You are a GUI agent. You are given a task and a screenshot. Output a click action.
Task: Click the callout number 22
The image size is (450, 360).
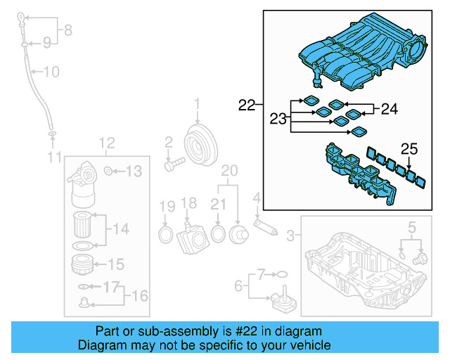(x=246, y=105)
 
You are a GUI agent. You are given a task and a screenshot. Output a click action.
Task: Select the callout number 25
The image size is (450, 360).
(x=409, y=148)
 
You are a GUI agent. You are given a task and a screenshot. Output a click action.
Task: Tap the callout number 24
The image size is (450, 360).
(x=390, y=109)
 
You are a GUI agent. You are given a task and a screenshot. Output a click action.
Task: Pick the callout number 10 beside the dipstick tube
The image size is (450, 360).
(x=52, y=71)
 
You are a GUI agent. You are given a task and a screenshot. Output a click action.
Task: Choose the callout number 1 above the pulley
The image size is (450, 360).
(x=197, y=105)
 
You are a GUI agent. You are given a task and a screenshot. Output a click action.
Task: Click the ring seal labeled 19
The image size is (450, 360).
(x=165, y=233)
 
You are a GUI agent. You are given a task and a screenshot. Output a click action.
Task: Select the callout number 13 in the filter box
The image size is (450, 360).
(x=134, y=171)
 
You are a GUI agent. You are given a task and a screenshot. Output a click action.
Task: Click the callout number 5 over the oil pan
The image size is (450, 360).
(x=412, y=226)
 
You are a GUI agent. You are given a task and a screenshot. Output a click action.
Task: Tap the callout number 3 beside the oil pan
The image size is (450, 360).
(x=290, y=238)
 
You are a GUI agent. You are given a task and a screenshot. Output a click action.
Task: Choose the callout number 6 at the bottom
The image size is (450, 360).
(x=238, y=285)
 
